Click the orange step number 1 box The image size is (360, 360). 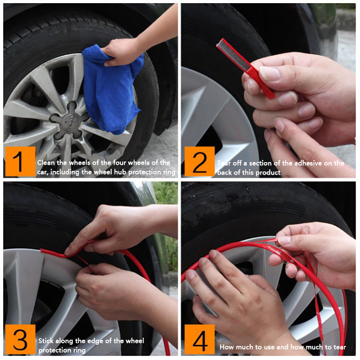(x=20, y=162)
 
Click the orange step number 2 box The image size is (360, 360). (x=199, y=162)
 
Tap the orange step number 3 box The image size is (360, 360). (x=20, y=339)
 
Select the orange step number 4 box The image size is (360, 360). (x=199, y=339)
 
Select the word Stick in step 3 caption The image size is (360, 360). (x=46, y=341)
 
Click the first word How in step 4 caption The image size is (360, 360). (x=226, y=347)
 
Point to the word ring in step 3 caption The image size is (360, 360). (x=80, y=351)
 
